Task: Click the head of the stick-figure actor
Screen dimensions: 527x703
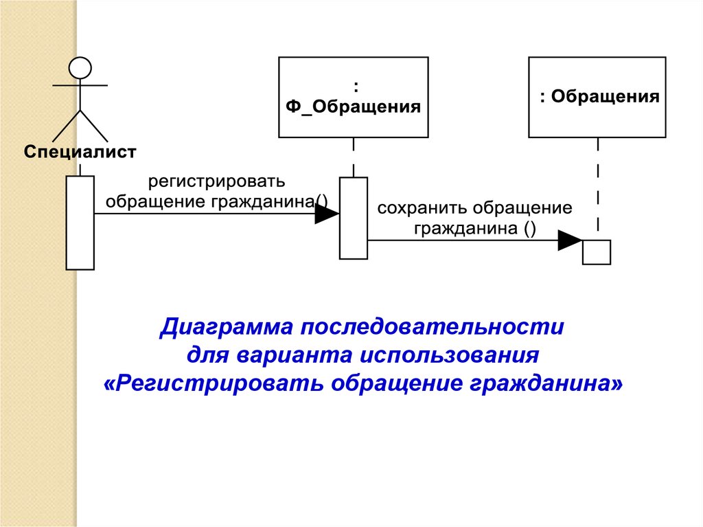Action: (80, 67)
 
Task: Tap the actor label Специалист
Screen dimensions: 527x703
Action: (80, 151)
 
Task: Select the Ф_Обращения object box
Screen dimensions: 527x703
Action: (353, 97)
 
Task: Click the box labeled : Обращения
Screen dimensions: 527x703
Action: (597, 97)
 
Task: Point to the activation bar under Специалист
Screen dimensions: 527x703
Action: (80, 223)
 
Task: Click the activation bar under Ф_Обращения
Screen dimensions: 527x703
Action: (354, 218)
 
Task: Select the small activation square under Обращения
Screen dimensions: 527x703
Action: (596, 251)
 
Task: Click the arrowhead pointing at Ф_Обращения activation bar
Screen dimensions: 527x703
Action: (327, 214)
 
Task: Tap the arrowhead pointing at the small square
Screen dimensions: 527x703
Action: (570, 240)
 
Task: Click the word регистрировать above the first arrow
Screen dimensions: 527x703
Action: (216, 182)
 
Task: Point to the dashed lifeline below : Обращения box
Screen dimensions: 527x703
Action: (598, 186)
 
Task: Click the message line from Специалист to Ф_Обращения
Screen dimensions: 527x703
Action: (206, 214)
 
